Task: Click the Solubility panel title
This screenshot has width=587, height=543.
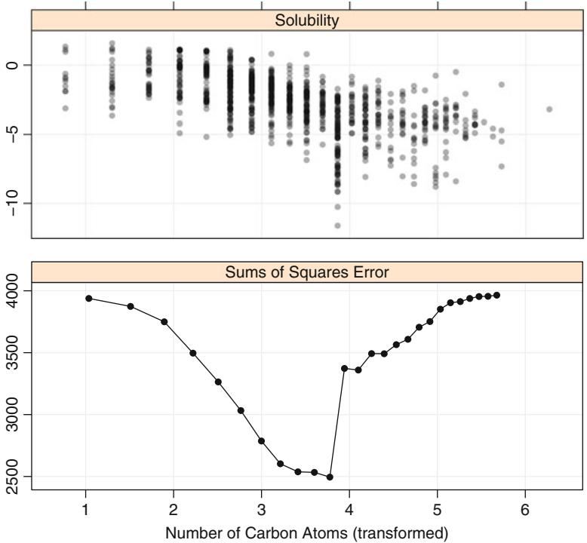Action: (x=307, y=20)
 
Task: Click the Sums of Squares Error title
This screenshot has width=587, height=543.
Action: (x=307, y=272)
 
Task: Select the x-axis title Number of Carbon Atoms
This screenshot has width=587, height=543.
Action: (x=307, y=534)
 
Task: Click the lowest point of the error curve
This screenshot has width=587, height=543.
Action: (x=330, y=477)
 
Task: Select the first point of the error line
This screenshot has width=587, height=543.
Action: (x=88, y=299)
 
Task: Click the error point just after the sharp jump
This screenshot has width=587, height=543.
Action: (x=344, y=368)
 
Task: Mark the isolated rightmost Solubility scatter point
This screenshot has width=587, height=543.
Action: (x=549, y=109)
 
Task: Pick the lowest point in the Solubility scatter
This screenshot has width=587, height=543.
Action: (x=337, y=225)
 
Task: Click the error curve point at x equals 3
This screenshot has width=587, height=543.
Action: (x=261, y=440)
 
